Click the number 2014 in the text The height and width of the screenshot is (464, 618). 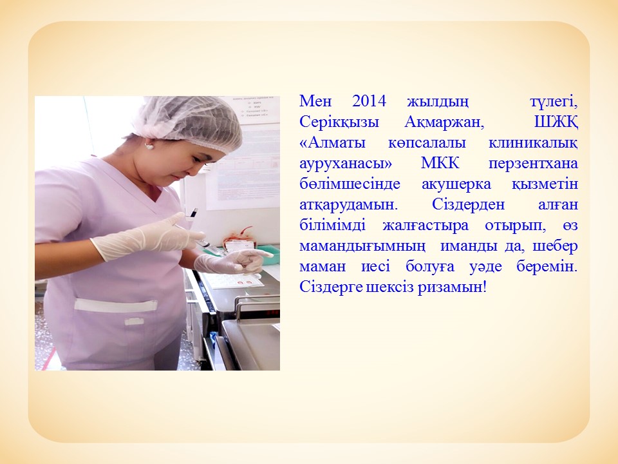[369, 101]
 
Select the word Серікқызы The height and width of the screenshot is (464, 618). [339, 122]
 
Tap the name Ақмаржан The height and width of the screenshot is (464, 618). [444, 122]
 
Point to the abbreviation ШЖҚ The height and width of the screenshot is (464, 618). [556, 122]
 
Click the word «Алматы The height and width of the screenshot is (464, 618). [332, 142]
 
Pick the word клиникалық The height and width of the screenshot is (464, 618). [533, 143]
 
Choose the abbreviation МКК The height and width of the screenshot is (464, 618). [440, 163]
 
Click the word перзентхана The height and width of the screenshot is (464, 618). [533, 164]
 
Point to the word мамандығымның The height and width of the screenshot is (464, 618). [362, 246]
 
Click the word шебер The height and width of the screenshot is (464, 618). [555, 246]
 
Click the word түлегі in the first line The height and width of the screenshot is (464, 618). [554, 102]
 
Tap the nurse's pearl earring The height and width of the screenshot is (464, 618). [149, 146]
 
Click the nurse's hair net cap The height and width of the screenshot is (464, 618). [189, 120]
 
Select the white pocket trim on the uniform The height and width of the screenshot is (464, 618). [115, 305]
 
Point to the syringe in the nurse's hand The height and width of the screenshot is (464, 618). [201, 233]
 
